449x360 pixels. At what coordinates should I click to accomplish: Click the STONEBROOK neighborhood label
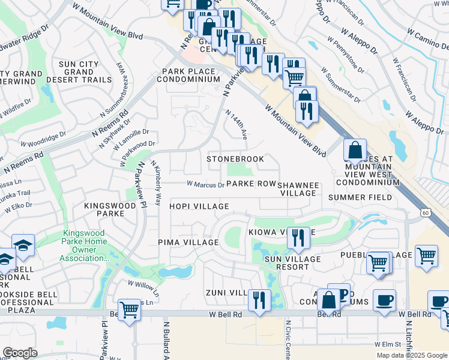click(235, 159)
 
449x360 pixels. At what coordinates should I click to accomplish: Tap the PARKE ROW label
click(251, 184)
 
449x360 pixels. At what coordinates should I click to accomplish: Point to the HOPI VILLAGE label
click(199, 206)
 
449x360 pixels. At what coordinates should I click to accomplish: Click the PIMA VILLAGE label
click(188, 242)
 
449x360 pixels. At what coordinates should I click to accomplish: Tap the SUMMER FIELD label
click(364, 197)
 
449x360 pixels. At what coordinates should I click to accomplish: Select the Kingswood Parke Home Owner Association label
click(84, 247)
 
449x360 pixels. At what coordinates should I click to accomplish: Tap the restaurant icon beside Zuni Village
click(259, 299)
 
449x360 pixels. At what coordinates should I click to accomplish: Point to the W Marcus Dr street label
click(205, 185)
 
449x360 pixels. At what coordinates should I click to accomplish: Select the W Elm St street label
click(387, 344)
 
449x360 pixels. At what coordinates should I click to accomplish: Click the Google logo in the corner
click(20, 352)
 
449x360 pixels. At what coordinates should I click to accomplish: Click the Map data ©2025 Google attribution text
click(410, 355)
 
